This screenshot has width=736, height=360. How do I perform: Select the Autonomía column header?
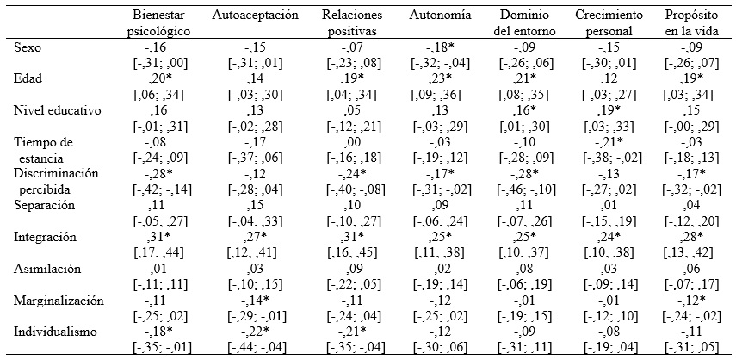click(x=437, y=16)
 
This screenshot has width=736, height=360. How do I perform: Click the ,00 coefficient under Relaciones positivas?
click(x=349, y=142)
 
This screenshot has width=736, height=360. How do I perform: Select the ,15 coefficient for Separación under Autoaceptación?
click(x=257, y=204)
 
